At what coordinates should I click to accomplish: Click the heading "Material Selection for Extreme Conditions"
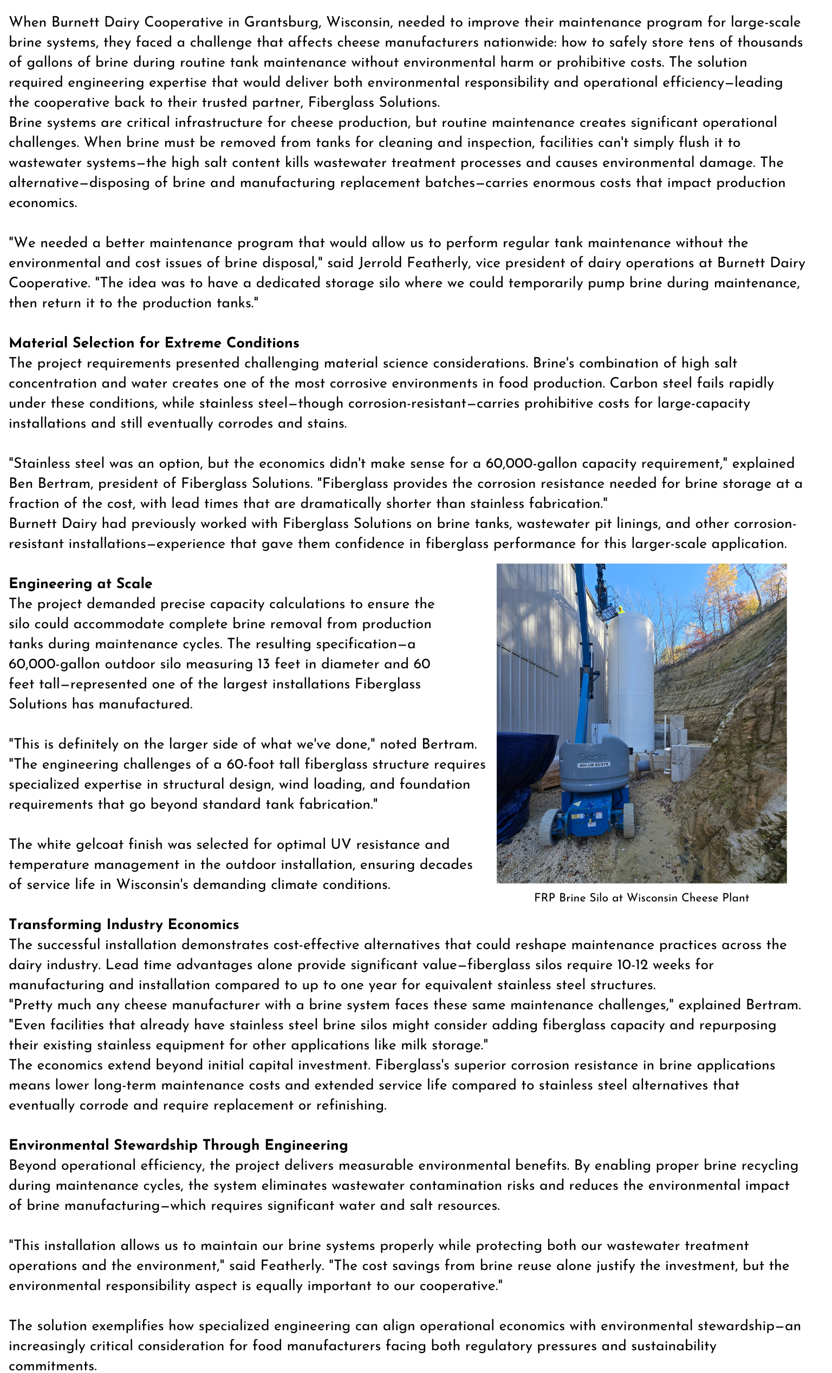coord(154,343)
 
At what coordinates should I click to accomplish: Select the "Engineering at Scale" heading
coord(81,583)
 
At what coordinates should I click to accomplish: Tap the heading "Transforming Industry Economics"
coord(123,924)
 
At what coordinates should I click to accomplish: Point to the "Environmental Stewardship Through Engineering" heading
coord(178,1145)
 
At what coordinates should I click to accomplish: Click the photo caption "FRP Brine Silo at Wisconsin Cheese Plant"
coord(641,898)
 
